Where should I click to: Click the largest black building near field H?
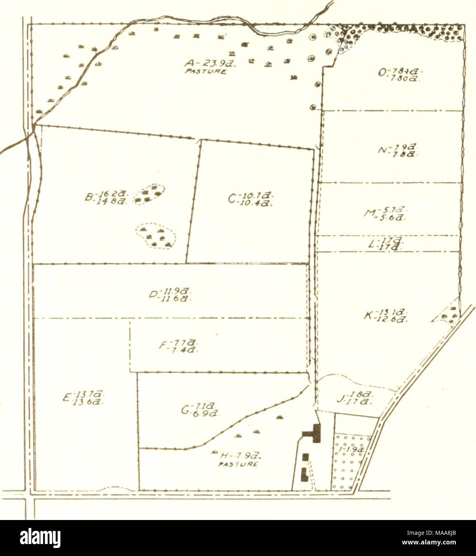pyautogui.click(x=314, y=433)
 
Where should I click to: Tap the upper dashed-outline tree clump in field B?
pyautogui.click(x=150, y=194)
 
